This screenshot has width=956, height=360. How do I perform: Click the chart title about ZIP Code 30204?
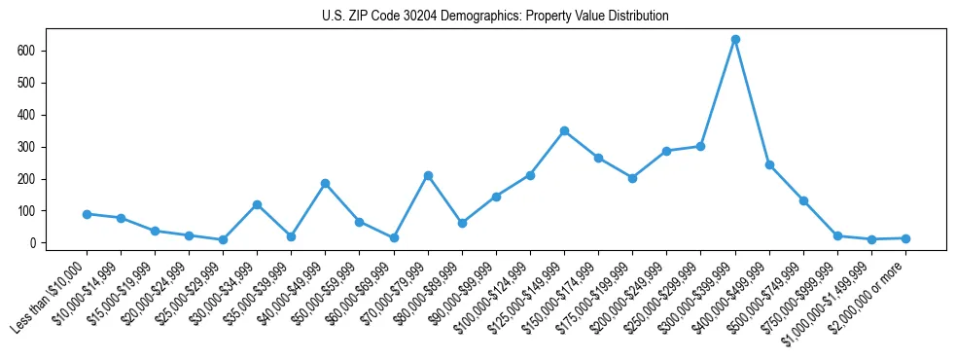tap(495, 17)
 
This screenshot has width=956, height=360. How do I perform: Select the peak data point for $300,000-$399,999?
tap(735, 40)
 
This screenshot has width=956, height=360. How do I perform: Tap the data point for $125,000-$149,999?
tap(564, 130)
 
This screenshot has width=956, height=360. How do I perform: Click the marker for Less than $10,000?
tap(87, 214)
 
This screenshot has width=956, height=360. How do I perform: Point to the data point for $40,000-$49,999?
tap(325, 183)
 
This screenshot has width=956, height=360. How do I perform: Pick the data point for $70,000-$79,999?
tap(428, 175)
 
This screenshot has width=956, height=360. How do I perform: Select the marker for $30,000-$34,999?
tap(257, 204)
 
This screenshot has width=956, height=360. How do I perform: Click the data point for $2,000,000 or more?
tap(905, 238)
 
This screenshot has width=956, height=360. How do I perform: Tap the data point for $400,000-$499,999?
tap(769, 164)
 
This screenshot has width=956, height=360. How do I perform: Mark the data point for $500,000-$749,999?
tap(803, 200)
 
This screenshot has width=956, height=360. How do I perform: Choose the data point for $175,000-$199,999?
tap(632, 178)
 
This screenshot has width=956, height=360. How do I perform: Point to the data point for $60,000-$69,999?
tap(393, 237)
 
